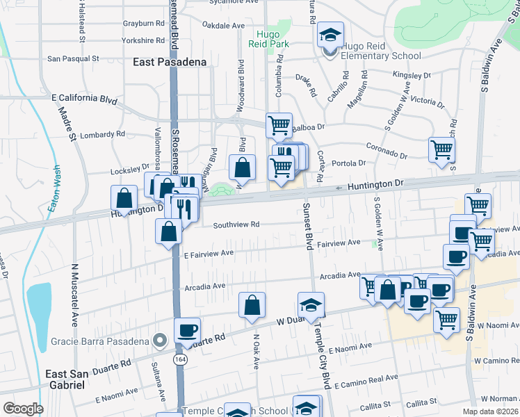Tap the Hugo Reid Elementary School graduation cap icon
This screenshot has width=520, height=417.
pos(330,35)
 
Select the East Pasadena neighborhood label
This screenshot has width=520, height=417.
pos(170,62)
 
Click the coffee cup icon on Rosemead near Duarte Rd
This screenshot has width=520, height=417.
pos(186,330)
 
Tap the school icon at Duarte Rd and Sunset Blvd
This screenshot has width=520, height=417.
pos(311,304)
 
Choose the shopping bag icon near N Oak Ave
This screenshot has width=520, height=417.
pos(252,304)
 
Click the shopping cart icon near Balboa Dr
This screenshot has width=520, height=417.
pos(279,125)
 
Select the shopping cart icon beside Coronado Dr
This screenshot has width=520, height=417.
pos(441,149)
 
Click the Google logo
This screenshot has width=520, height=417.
pos(22,408)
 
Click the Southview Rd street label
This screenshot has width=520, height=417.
pos(236,224)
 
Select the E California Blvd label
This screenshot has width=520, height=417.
pos(84,99)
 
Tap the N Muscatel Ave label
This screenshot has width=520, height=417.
pos(74,295)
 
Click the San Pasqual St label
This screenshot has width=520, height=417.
pos(73,59)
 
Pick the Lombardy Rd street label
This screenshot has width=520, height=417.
pos(101,134)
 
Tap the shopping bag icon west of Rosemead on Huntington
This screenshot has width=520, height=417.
pos(124,198)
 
